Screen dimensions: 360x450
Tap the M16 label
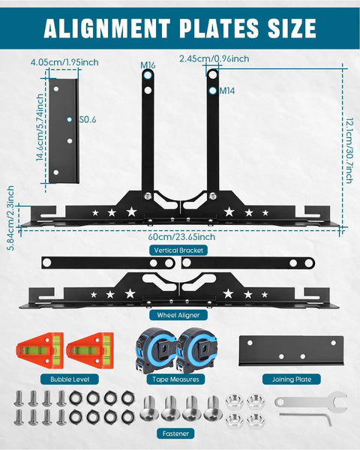coord(148,65)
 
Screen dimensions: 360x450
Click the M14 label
coord(227,91)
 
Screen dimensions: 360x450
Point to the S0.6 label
coord(88,120)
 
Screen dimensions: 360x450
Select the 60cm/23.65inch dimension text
coord(181,237)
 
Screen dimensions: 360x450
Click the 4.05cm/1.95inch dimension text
coord(64,62)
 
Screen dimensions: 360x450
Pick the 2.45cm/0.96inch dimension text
coord(214,58)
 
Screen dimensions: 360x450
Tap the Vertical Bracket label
coord(178,250)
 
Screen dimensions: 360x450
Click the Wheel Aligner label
coord(178,315)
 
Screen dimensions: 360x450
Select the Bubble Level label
coord(70,379)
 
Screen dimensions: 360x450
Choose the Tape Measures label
coord(175,379)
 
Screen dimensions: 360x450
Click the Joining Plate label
coord(292,379)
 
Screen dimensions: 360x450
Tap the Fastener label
coord(175,433)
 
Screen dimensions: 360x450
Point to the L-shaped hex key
coord(306,418)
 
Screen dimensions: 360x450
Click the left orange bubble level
coord(40,350)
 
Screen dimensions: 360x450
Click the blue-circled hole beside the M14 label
coord(213,91)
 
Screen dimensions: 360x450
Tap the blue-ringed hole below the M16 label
coord(148,75)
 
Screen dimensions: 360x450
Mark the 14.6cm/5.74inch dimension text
coord(40,127)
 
